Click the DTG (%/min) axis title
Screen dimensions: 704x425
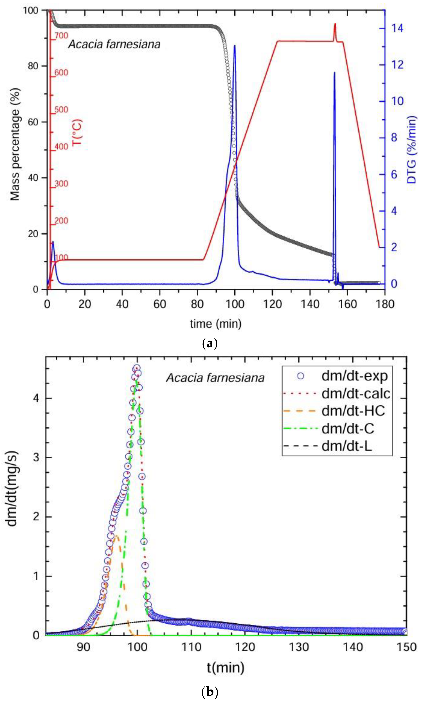412,149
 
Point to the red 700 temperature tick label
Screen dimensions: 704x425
61,36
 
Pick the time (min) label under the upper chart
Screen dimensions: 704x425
216,323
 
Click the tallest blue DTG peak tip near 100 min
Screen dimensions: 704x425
234,46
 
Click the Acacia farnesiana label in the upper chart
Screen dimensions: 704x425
114,44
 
